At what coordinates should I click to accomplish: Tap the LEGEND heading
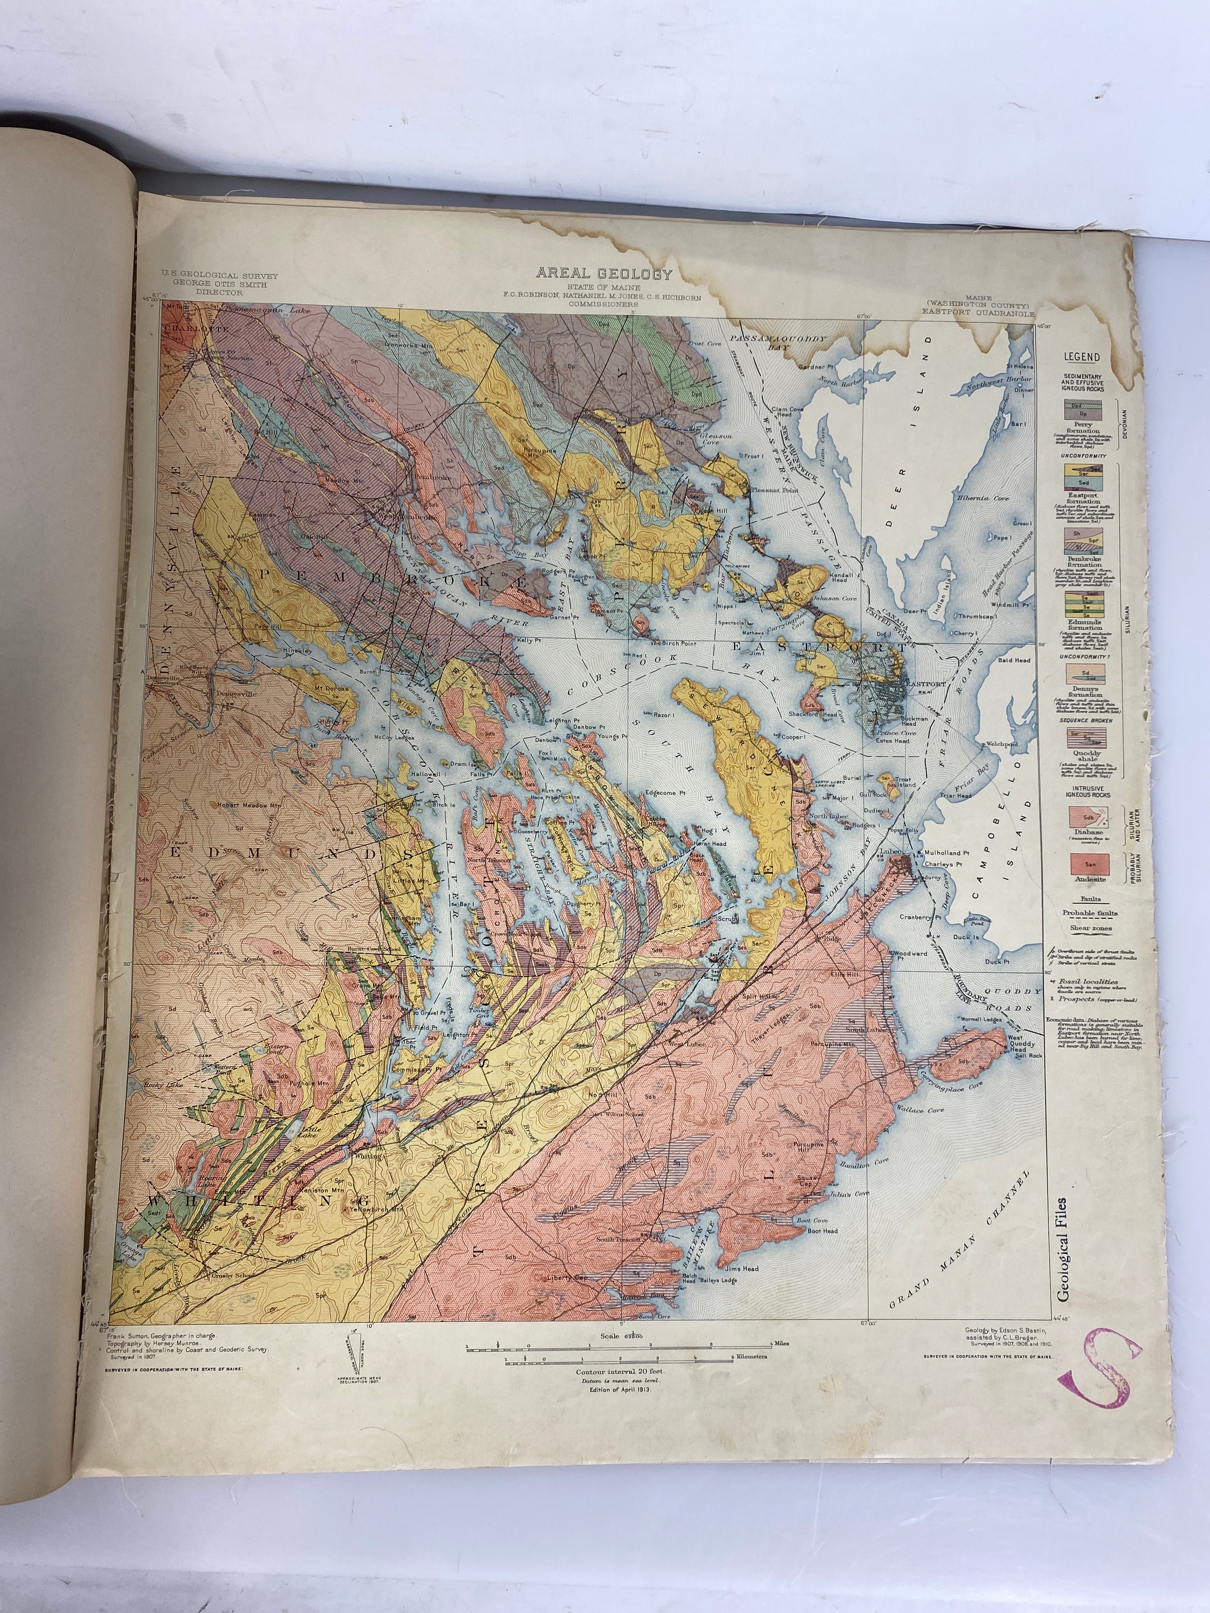pyautogui.click(x=1082, y=357)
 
